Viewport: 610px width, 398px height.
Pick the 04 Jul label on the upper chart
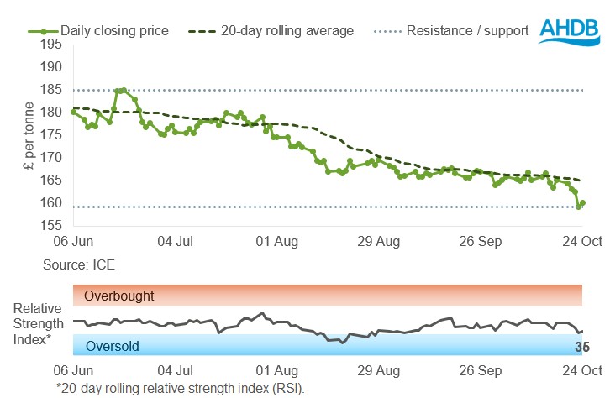click(x=175, y=242)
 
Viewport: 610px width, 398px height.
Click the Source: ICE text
click(x=79, y=264)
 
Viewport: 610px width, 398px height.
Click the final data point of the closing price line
click(x=582, y=202)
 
